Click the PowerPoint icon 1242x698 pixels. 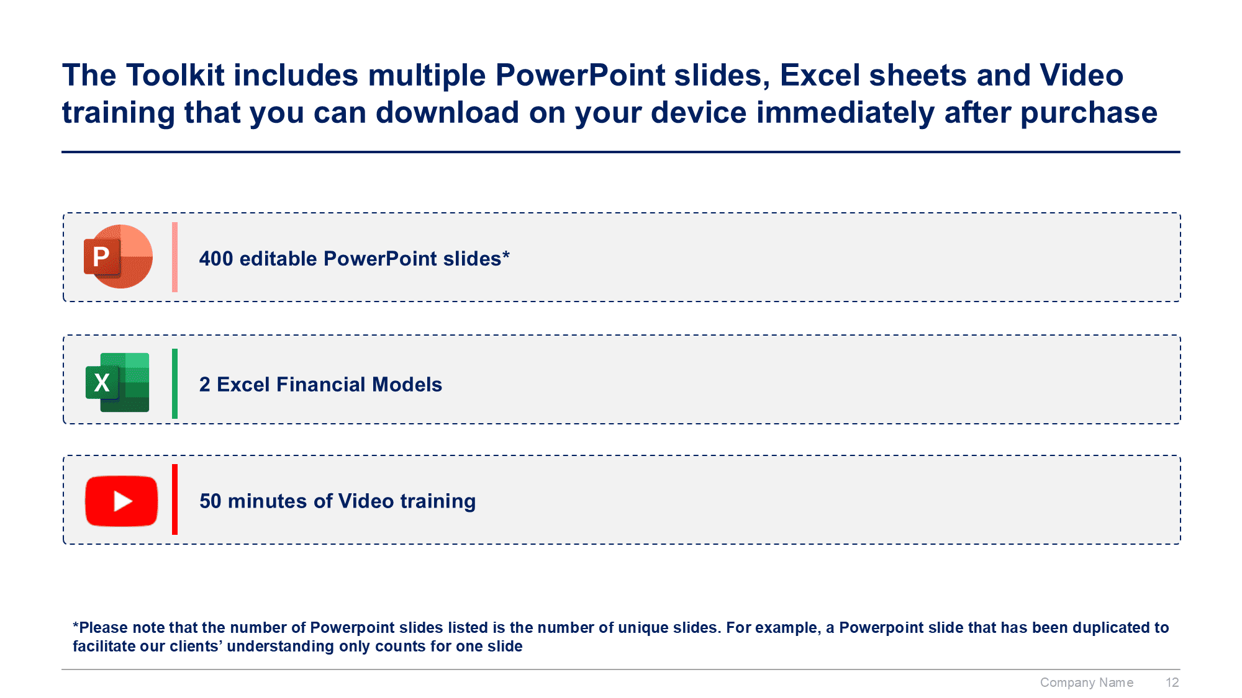click(x=118, y=256)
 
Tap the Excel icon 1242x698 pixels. click(x=117, y=382)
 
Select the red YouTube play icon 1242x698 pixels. click(x=121, y=501)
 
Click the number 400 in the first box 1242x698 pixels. click(x=216, y=259)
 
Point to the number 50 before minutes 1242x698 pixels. click(x=211, y=501)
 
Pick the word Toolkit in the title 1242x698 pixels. click(x=175, y=75)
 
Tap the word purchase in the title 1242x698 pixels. click(x=1089, y=114)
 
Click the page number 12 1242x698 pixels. click(x=1172, y=682)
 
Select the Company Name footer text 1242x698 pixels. click(x=1087, y=682)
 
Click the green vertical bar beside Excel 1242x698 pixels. click(x=175, y=383)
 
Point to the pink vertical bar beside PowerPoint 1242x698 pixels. click(x=175, y=257)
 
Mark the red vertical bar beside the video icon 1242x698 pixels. click(x=175, y=499)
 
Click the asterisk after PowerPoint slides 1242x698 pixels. click(x=506, y=254)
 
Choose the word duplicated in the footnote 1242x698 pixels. click(x=1112, y=628)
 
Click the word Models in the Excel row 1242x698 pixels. click(x=407, y=385)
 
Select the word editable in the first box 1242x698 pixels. click(x=278, y=259)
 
